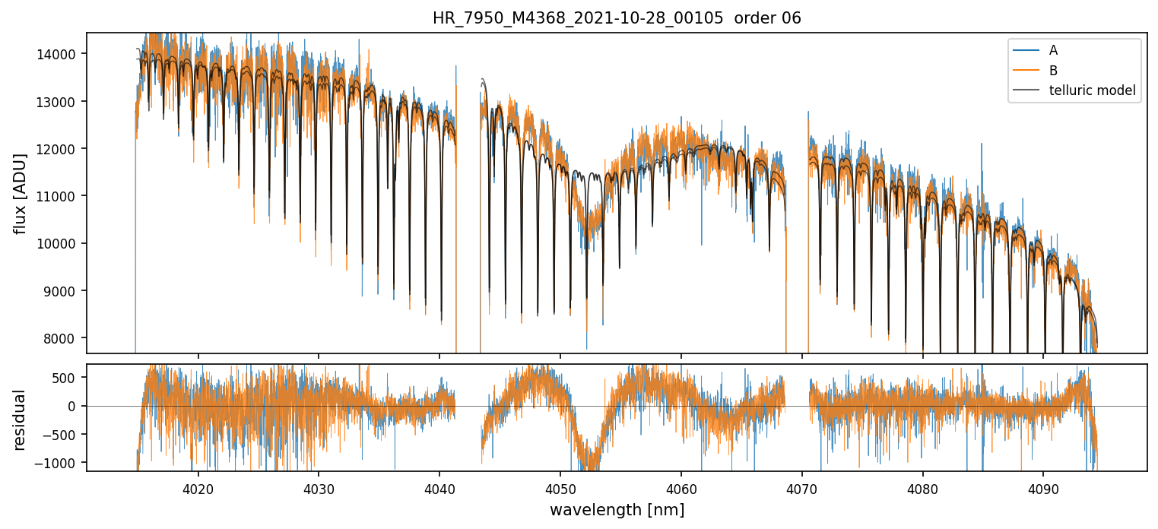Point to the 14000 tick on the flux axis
[62, 54]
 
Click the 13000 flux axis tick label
[62, 102]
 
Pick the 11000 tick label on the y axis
[62, 196]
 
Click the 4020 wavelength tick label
[198, 487]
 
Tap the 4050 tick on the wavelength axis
[560, 487]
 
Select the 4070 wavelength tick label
[802, 487]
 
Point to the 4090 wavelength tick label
[1043, 487]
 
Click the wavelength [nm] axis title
[617, 509]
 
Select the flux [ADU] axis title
[21, 193]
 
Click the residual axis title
[21, 420]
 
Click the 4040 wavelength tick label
[439, 487]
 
